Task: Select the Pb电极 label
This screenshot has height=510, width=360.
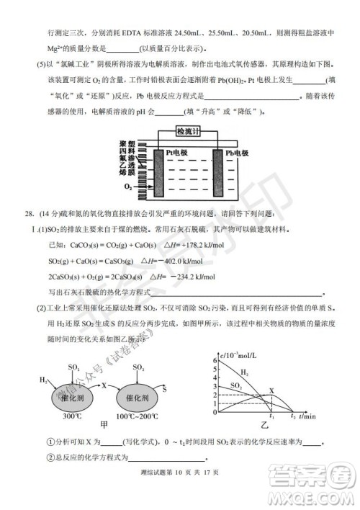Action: pos(237,153)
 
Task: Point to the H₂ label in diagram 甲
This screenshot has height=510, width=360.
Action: pos(44,380)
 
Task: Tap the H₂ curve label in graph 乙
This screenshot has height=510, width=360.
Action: pos(245,373)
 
